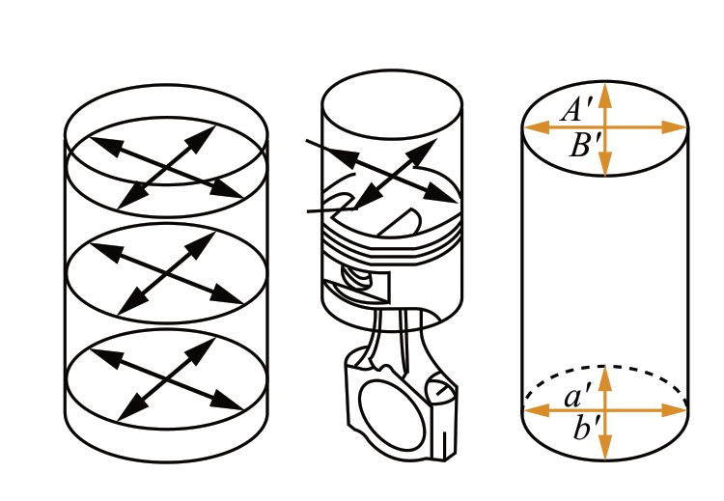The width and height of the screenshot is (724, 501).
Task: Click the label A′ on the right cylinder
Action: pyautogui.click(x=576, y=109)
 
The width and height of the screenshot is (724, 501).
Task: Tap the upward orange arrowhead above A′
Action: pyautogui.click(x=605, y=96)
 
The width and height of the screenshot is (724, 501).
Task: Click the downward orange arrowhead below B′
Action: pyautogui.click(x=605, y=163)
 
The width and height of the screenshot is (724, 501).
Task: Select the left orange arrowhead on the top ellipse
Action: pyautogui.click(x=537, y=127)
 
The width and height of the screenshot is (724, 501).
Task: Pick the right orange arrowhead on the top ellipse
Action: pyautogui.click(x=674, y=127)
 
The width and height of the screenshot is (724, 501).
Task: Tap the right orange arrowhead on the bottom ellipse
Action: pyautogui.click(x=674, y=410)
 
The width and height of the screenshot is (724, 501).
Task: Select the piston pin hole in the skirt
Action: pyautogui.click(x=356, y=277)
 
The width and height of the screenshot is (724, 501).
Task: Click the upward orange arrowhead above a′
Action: pyautogui.click(x=605, y=378)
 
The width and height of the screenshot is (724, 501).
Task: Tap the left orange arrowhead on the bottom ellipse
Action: pyautogui.click(x=537, y=410)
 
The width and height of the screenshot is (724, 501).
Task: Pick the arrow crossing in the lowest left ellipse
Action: pyautogui.click(x=166, y=379)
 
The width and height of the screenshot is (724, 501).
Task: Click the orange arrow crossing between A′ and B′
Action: pyautogui.click(x=605, y=127)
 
